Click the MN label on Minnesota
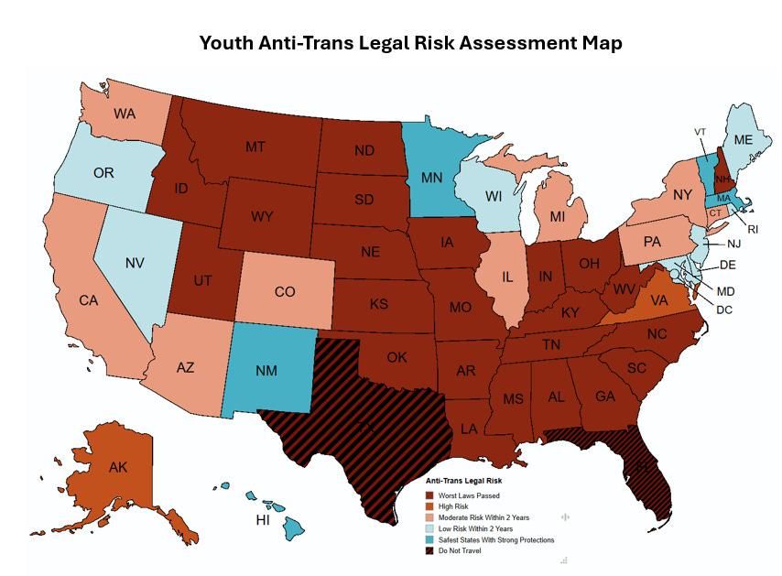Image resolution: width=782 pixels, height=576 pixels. tap(433, 176)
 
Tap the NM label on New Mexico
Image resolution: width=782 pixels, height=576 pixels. tap(266, 371)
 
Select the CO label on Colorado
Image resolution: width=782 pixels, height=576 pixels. tap(285, 292)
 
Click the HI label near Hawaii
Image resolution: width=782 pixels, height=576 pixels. tap(261, 520)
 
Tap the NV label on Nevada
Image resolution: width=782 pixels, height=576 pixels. tap(135, 263)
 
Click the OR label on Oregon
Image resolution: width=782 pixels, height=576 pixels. tap(103, 172)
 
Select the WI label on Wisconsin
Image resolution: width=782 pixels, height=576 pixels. tap(494, 197)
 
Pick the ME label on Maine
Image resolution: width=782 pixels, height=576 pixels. tap(743, 140)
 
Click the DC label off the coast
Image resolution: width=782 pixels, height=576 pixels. tap(724, 310)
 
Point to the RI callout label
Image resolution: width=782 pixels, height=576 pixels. tap(753, 229)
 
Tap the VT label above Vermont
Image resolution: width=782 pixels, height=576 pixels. tap(701, 132)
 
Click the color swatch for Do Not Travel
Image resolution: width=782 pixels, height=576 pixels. tap(430, 551)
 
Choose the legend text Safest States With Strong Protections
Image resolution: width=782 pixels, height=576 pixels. tap(496, 540)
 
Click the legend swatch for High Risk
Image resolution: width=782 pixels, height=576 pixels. tap(430, 506)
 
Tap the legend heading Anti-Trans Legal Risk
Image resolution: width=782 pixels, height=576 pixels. tap(463, 481)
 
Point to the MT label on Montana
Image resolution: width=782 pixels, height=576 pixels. tap(255, 147)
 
